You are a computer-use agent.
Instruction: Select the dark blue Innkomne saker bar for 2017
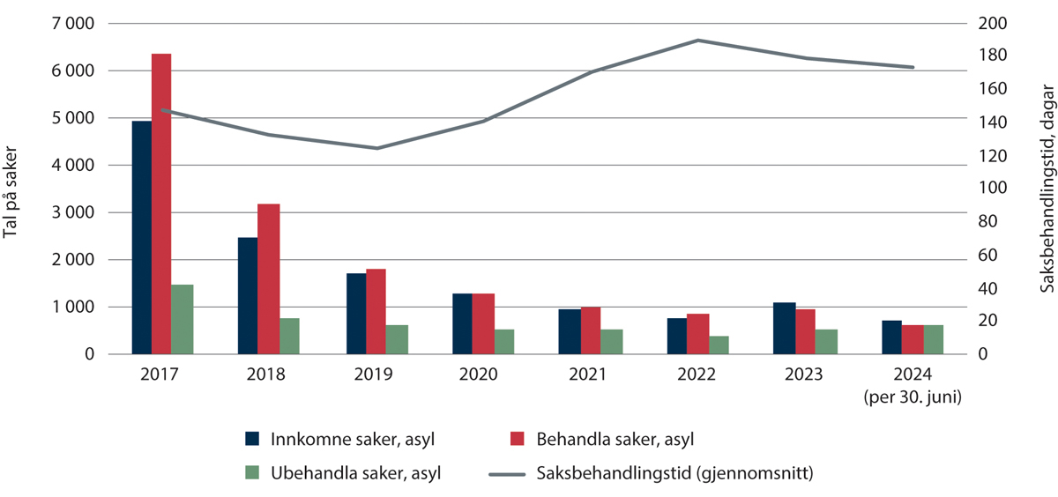[x=141, y=238]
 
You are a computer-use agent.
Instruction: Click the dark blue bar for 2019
[x=356, y=314]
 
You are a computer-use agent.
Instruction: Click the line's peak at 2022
[x=697, y=41]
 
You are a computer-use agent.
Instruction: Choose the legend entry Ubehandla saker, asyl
[x=344, y=472]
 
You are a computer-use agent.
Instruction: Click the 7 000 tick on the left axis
[x=70, y=24]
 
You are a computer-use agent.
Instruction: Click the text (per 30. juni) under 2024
[x=913, y=396]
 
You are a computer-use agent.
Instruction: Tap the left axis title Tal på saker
[x=12, y=189]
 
